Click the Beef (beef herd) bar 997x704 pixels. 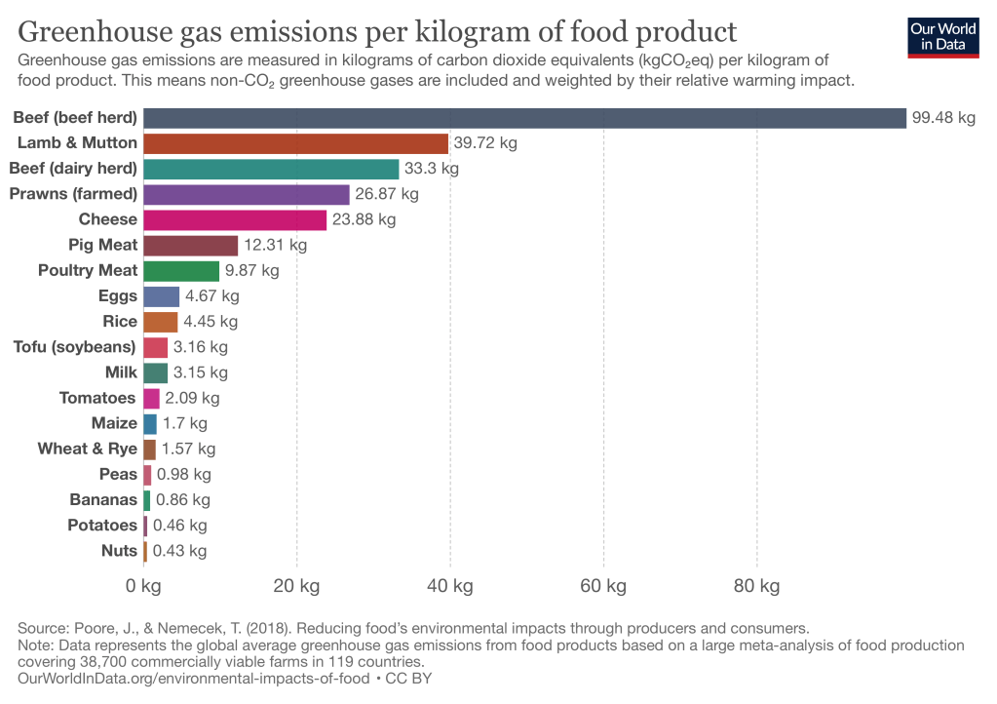tap(524, 118)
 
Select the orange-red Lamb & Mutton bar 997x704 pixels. tap(295, 143)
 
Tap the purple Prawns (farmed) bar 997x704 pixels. tap(246, 194)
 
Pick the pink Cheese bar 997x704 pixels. tap(235, 219)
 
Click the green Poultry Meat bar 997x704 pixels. tap(181, 270)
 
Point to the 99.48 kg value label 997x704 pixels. tap(943, 118)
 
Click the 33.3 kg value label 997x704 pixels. tap(432, 169)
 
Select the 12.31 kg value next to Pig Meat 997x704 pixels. tap(275, 245)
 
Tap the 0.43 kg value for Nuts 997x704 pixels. tap(180, 551)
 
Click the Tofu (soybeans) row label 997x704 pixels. tap(75, 347)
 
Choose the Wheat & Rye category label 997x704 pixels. tap(88, 449)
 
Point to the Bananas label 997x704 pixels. tap(103, 500)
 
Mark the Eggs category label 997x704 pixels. tap(118, 295)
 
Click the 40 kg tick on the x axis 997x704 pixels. tap(449, 586)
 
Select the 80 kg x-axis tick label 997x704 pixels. tap(756, 586)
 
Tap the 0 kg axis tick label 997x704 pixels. tap(143, 586)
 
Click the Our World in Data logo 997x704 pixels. tap(942, 36)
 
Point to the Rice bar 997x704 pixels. tap(161, 322)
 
